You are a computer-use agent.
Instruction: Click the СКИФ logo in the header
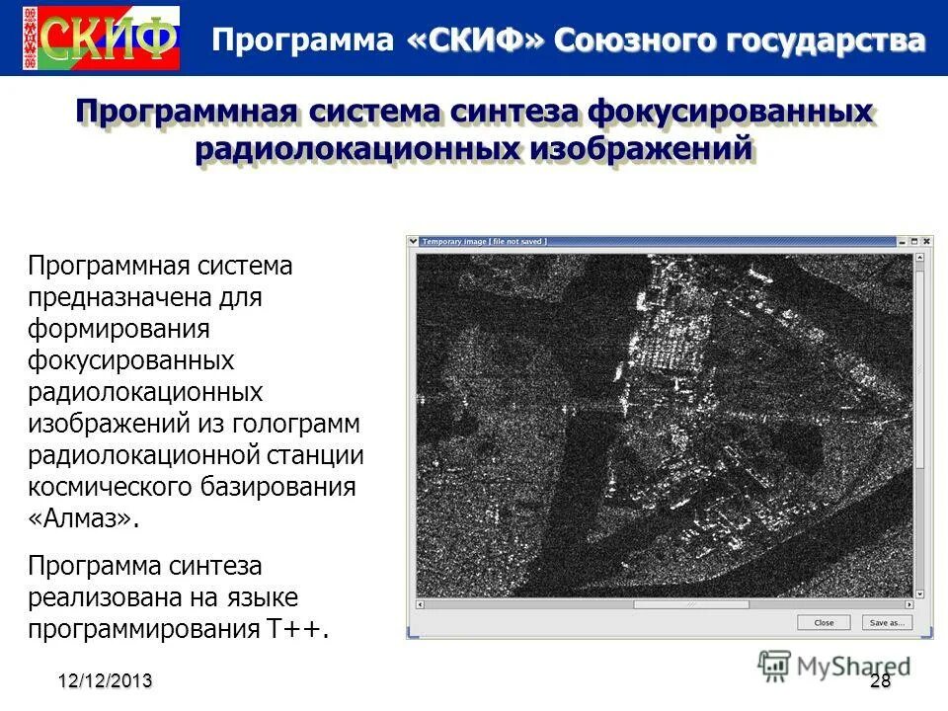[x=102, y=38]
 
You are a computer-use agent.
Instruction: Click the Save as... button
[x=884, y=623]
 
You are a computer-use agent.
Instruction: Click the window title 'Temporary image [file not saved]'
[x=484, y=241]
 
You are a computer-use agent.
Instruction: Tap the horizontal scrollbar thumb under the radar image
[x=690, y=604]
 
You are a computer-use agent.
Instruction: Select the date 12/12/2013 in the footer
[x=105, y=681]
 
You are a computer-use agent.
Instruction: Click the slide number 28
[x=880, y=681]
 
